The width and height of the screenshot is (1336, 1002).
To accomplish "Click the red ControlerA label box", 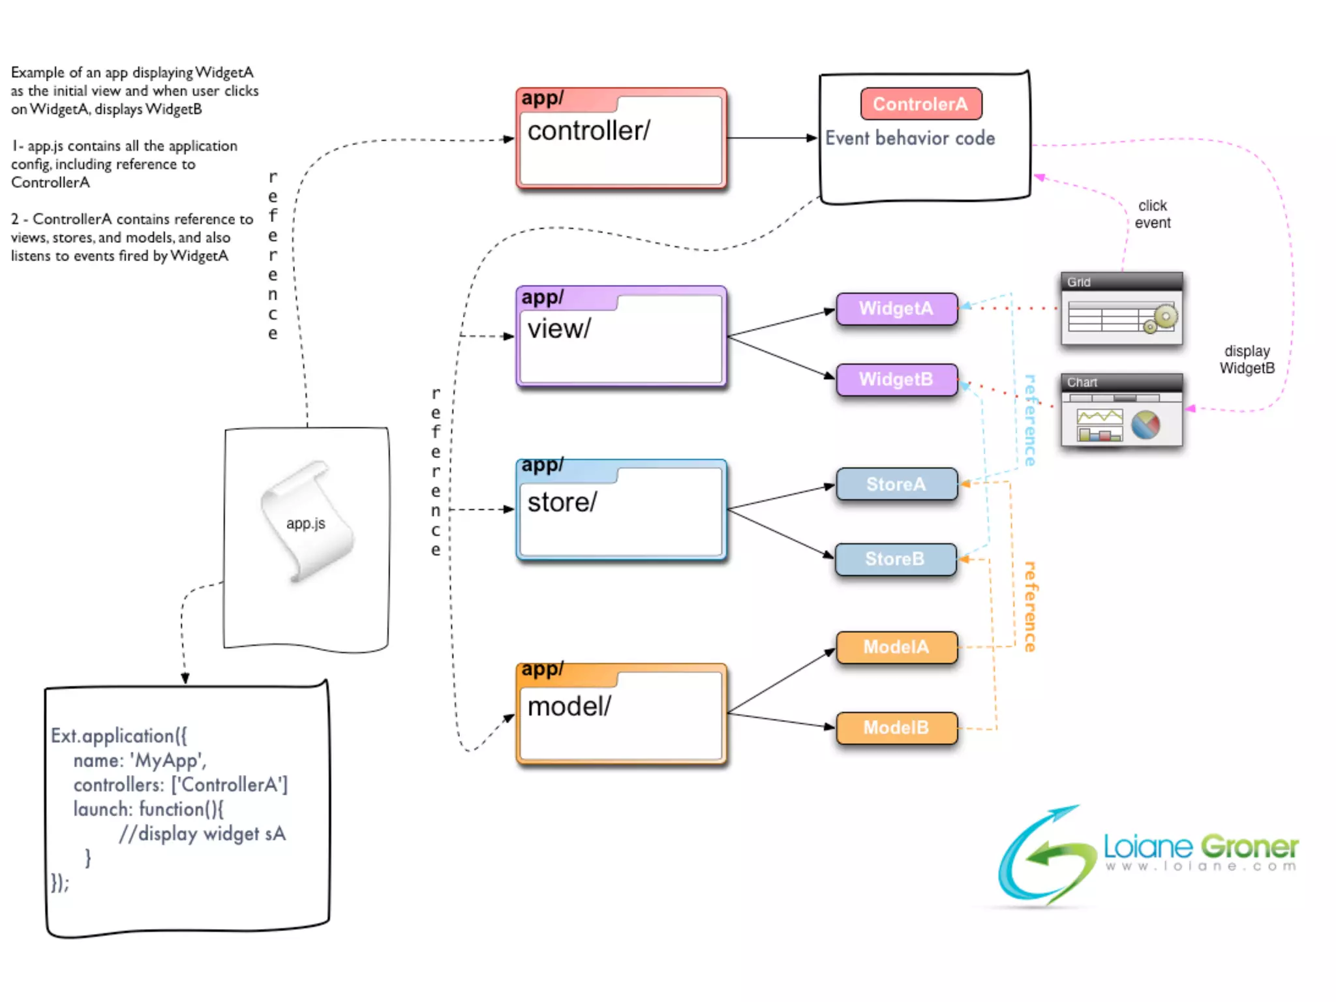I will click(x=920, y=104).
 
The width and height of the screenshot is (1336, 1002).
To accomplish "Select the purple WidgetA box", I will click(x=896, y=309).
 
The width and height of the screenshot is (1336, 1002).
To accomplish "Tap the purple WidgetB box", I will click(x=896, y=380).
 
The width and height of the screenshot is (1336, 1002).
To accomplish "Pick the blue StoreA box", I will click(x=896, y=484).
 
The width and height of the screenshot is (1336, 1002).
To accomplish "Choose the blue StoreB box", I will click(x=895, y=559).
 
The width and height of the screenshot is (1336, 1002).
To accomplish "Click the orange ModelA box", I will click(x=896, y=647).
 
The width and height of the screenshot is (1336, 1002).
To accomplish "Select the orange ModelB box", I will click(x=896, y=728).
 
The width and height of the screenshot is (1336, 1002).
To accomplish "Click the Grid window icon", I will click(x=1121, y=309).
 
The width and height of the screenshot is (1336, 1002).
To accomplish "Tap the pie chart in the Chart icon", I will click(x=1146, y=425).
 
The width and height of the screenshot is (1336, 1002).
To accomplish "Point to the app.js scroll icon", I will click(x=306, y=521).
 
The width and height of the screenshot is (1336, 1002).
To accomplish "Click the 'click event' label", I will click(x=1153, y=214).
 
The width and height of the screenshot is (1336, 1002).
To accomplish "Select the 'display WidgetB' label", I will click(x=1247, y=359).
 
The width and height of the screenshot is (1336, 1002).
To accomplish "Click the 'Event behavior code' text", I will click(x=910, y=138).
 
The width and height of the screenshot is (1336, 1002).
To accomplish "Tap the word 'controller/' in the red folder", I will click(x=588, y=131).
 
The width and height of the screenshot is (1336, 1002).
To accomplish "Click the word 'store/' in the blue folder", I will click(x=562, y=502).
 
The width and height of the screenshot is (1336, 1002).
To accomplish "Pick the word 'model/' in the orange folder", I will click(x=569, y=706).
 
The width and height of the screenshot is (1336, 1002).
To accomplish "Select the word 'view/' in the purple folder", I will click(x=558, y=329).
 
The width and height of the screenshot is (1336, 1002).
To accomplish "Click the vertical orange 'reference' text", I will click(x=1029, y=607).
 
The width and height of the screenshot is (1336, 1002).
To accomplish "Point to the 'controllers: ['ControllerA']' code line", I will click(x=181, y=785).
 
